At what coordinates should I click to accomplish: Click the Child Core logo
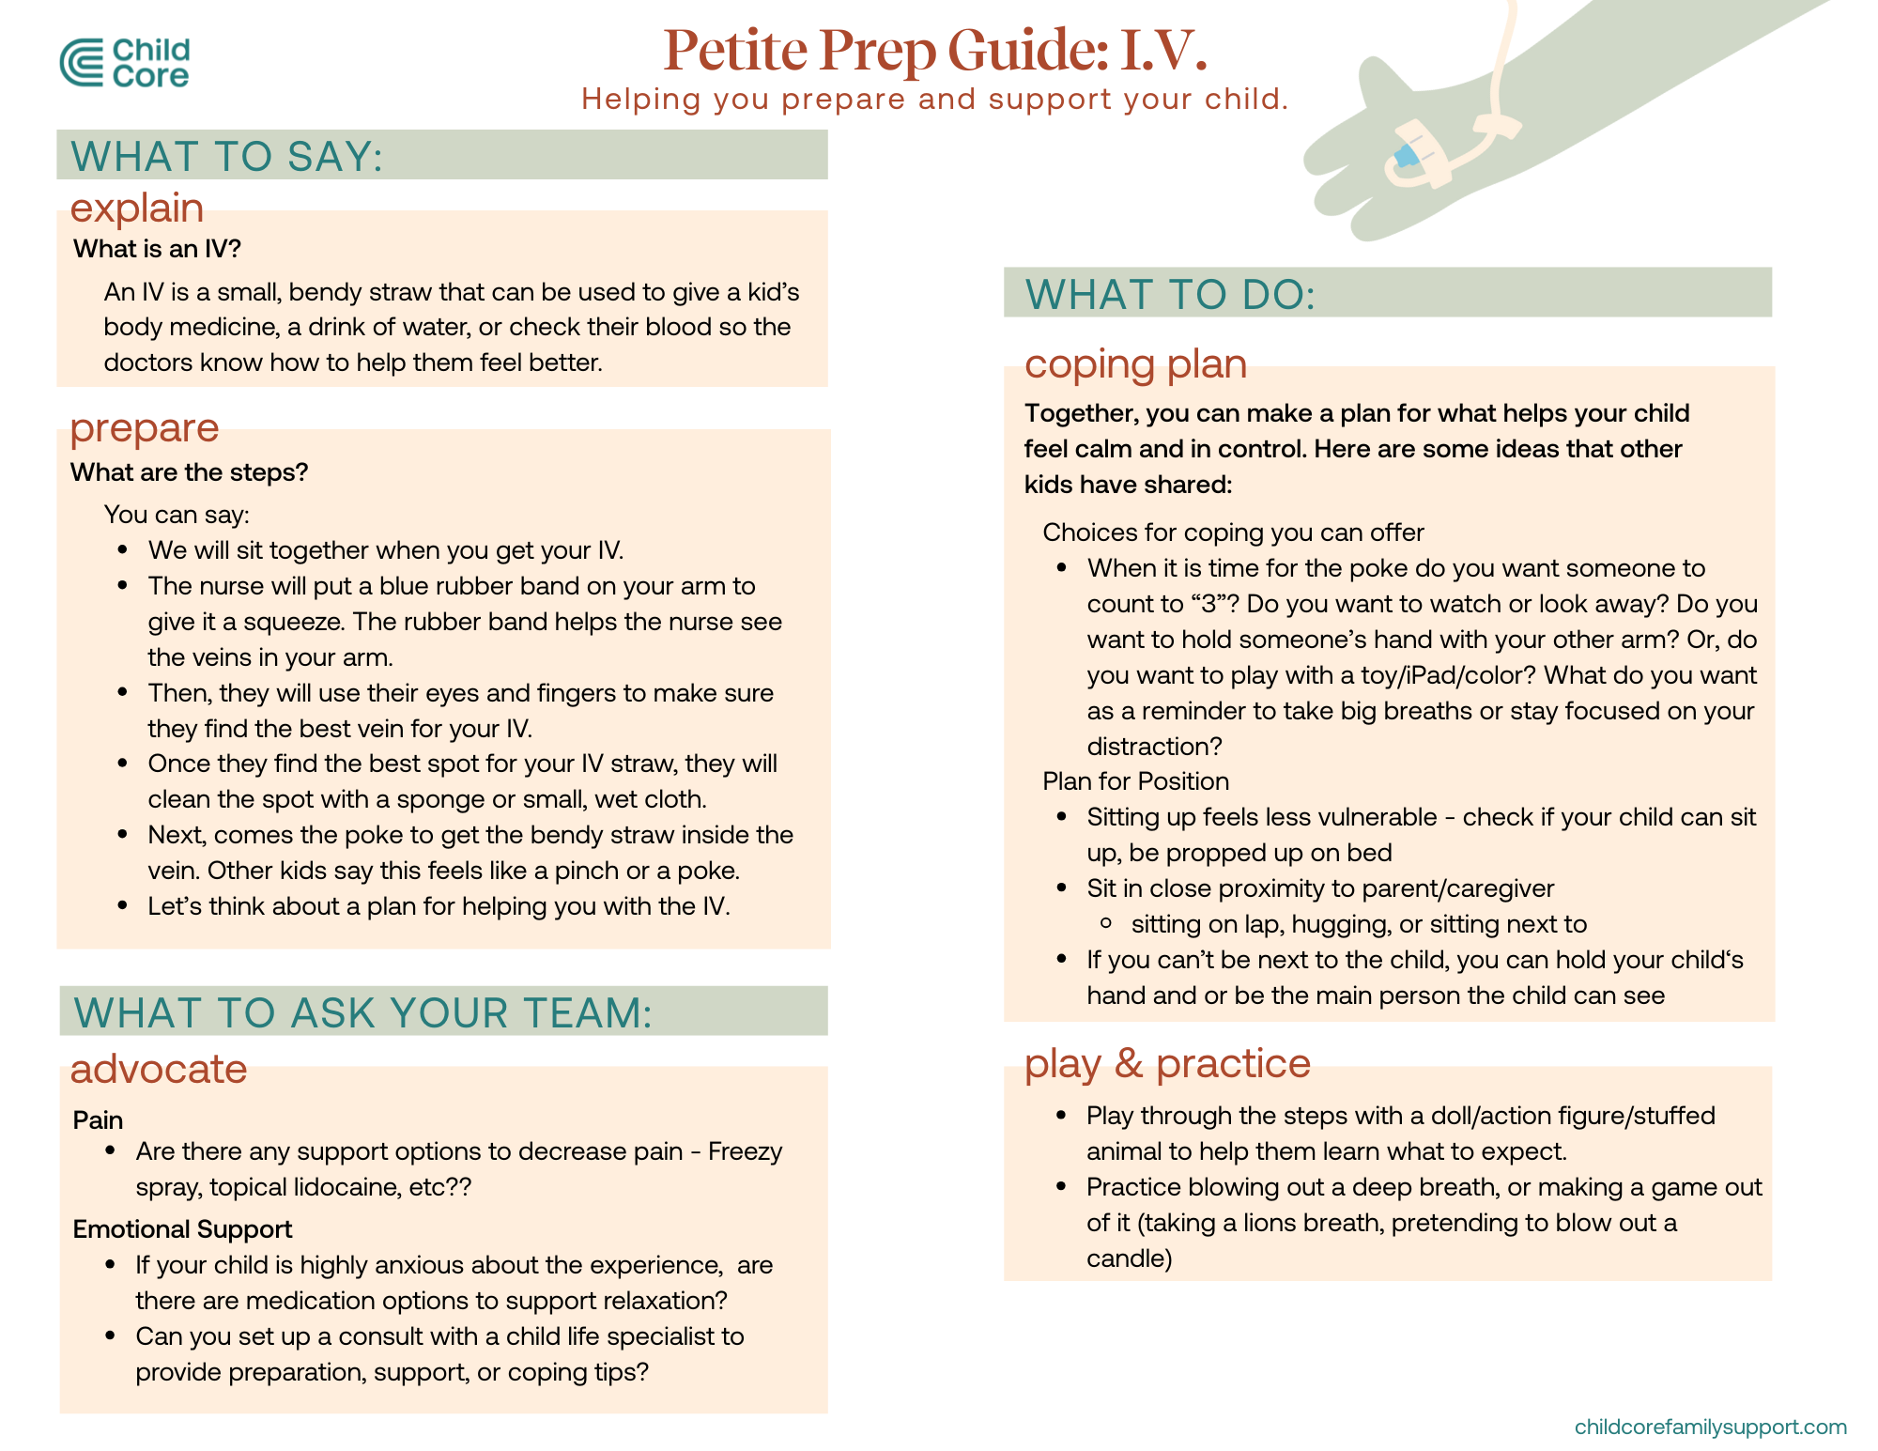(x=124, y=63)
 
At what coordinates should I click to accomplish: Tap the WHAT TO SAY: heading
(x=227, y=156)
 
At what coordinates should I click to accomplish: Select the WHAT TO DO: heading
(x=1170, y=294)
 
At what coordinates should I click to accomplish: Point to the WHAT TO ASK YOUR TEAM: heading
(x=362, y=1012)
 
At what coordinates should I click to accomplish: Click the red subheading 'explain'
(x=137, y=208)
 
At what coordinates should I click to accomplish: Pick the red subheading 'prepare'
(x=145, y=427)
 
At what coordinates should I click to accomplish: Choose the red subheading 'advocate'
(x=159, y=1069)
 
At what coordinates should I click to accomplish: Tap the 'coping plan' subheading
(x=1135, y=363)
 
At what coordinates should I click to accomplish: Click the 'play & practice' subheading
(x=1167, y=1063)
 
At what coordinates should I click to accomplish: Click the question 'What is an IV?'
(x=158, y=249)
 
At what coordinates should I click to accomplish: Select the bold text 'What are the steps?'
(x=190, y=472)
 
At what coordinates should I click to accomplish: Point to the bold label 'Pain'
(x=99, y=1119)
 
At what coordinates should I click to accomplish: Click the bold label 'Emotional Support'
(x=183, y=1228)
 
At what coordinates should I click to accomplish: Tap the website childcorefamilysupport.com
(x=1710, y=1427)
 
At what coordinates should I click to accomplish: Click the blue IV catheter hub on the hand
(x=1406, y=156)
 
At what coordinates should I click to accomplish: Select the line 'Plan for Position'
(x=1135, y=781)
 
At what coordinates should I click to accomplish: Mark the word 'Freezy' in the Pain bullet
(x=745, y=1151)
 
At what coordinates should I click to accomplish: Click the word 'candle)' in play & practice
(x=1129, y=1258)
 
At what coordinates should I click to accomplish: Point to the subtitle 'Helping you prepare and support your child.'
(x=934, y=99)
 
